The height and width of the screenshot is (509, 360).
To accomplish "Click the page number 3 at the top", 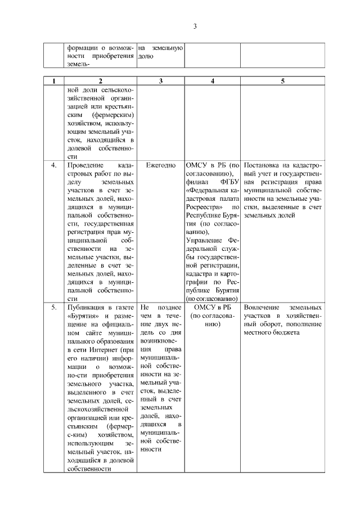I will (194, 26).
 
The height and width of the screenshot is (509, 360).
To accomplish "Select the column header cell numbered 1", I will (53, 81).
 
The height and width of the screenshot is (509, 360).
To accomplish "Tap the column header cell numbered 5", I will (282, 81).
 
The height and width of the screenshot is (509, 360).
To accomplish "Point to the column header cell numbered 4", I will (212, 81).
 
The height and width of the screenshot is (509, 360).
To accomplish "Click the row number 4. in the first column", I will (54, 166).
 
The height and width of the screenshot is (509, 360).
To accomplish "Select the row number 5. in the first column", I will (54, 308).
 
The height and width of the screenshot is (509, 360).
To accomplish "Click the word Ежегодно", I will (161, 166).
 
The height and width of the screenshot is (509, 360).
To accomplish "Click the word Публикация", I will (85, 308).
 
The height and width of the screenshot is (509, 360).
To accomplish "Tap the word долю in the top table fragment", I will (146, 56).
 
